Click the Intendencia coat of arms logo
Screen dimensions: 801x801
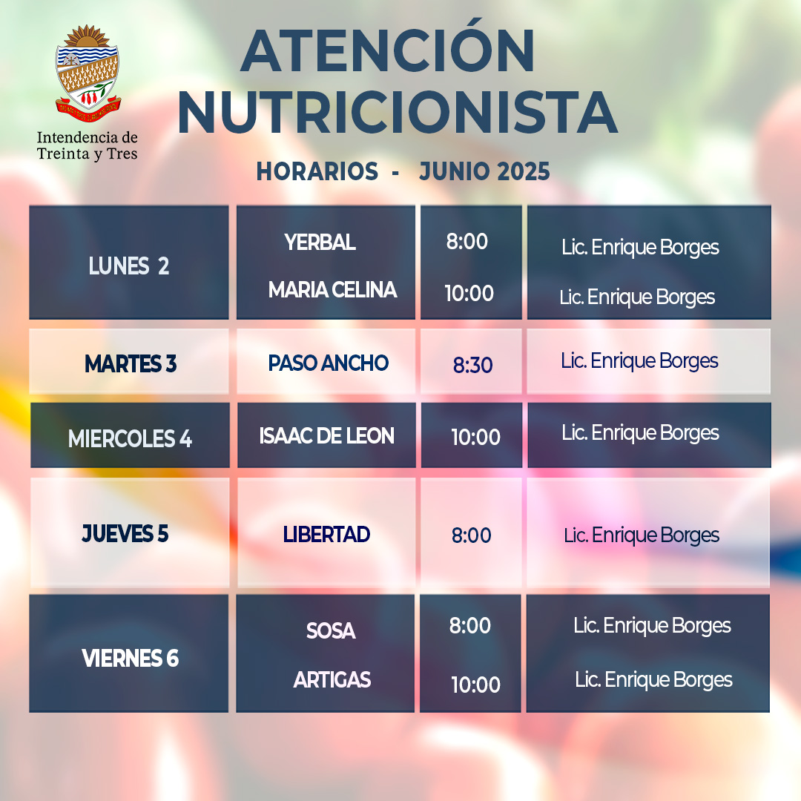click(88, 73)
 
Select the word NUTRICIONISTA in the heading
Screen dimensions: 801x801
click(398, 113)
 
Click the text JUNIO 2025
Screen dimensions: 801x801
click(484, 171)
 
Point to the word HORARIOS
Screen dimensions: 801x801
click(317, 171)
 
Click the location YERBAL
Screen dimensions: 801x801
click(320, 242)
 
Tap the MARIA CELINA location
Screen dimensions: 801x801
click(332, 290)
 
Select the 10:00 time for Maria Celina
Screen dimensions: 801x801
click(469, 293)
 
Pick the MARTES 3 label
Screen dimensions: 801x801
click(131, 364)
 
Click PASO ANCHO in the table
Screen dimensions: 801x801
click(329, 363)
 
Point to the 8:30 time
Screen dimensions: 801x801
click(472, 365)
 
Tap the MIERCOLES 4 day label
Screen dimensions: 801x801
click(130, 439)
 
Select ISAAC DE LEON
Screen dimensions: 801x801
click(326, 436)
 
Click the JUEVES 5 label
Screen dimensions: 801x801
click(125, 534)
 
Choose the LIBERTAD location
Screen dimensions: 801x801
click(326, 535)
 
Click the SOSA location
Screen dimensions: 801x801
click(331, 631)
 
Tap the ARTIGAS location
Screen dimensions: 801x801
click(332, 680)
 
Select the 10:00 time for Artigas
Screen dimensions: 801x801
click(475, 685)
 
